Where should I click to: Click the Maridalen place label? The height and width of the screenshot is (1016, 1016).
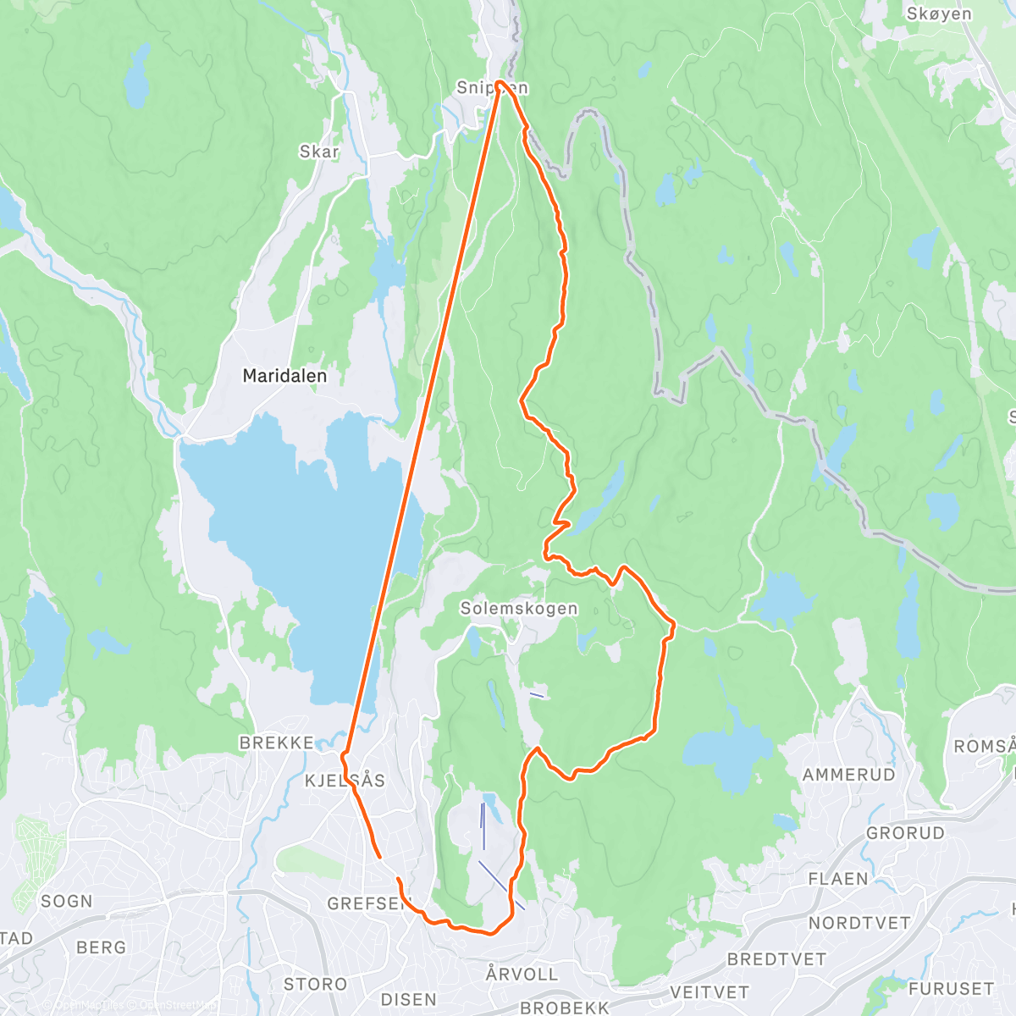pyautogui.click(x=284, y=375)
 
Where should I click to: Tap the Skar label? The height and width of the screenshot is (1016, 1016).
pyautogui.click(x=319, y=152)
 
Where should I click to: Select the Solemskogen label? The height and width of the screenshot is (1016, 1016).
pyautogui.click(x=519, y=608)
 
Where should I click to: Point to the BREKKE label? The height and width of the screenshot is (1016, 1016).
pyautogui.click(x=277, y=743)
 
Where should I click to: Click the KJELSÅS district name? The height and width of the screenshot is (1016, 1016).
pyautogui.click(x=345, y=780)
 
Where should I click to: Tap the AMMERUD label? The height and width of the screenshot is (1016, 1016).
pyautogui.click(x=848, y=774)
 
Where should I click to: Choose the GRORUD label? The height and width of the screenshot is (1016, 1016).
pyautogui.click(x=905, y=832)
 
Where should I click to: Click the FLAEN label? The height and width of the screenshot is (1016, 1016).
pyautogui.click(x=838, y=879)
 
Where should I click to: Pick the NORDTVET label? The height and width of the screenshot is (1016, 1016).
pyautogui.click(x=859, y=923)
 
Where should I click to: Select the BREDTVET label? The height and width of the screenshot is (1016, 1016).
pyautogui.click(x=776, y=958)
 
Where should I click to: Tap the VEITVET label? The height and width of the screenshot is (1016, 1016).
pyautogui.click(x=710, y=991)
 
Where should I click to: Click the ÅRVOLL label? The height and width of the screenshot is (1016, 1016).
pyautogui.click(x=522, y=974)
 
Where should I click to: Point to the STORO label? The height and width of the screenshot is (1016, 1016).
pyautogui.click(x=315, y=984)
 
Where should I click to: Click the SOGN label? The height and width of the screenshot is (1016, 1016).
pyautogui.click(x=67, y=901)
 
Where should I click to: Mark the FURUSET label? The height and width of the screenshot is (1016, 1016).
pyautogui.click(x=951, y=988)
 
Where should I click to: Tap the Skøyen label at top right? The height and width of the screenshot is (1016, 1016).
pyautogui.click(x=939, y=14)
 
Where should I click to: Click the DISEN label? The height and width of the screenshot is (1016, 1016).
pyautogui.click(x=409, y=999)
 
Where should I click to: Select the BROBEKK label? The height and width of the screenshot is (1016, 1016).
pyautogui.click(x=565, y=1008)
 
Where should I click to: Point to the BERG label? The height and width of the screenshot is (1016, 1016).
pyautogui.click(x=101, y=947)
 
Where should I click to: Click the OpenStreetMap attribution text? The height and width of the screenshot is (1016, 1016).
pyautogui.click(x=178, y=1005)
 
